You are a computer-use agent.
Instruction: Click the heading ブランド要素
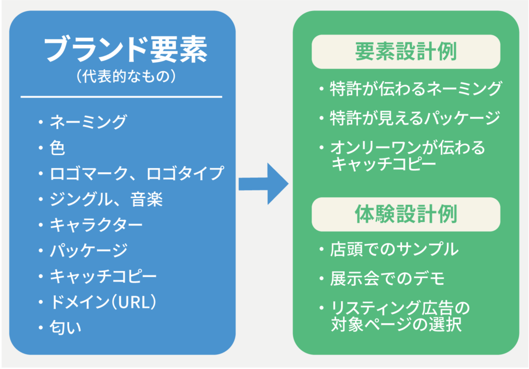(125, 50)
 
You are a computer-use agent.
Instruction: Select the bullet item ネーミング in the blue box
(88, 122)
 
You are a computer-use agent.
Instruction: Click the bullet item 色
(57, 148)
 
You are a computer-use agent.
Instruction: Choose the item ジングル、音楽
(106, 199)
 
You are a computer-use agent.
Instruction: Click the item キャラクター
(96, 225)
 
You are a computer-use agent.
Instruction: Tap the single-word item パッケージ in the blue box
(88, 251)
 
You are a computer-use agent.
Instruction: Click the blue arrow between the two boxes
(263, 184)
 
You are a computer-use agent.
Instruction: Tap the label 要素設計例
(406, 52)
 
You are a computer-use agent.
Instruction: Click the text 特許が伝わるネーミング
(416, 89)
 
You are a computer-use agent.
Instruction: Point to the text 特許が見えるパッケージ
(415, 118)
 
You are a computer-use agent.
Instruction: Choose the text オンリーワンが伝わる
(408, 148)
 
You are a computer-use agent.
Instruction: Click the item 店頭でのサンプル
(394, 250)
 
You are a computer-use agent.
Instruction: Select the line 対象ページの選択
(396, 326)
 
